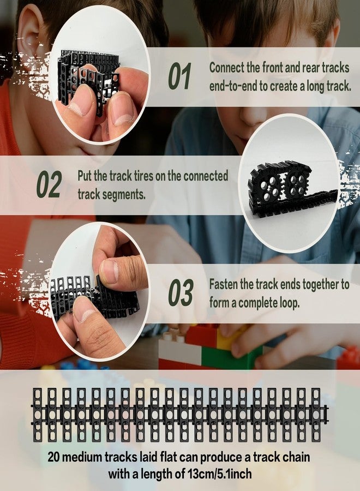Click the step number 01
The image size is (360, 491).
pyautogui.click(x=179, y=76)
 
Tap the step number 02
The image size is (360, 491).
pyautogui.click(x=49, y=184)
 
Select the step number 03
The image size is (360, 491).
pyautogui.click(x=181, y=292)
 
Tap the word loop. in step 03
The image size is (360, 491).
pyautogui.click(x=289, y=303)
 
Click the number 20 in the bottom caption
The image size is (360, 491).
pyautogui.click(x=53, y=457)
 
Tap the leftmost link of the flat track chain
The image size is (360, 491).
pyautogui.click(x=38, y=415)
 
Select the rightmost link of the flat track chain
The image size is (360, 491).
pyautogui.click(x=317, y=415)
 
